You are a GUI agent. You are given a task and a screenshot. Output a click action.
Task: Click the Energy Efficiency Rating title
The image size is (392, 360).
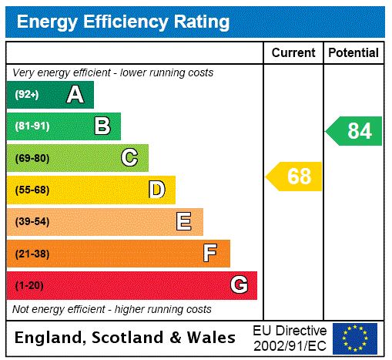tap(123, 22)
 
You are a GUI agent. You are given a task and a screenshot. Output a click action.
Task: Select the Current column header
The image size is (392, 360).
tap(293, 53)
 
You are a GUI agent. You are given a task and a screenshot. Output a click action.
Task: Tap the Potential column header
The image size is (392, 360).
tap(353, 53)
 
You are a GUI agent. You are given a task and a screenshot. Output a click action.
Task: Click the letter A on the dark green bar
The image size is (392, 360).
tap(75, 95)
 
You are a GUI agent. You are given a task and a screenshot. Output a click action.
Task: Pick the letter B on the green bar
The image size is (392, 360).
tap(102, 126)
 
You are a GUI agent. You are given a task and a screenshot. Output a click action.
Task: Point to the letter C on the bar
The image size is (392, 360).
tap(129, 158)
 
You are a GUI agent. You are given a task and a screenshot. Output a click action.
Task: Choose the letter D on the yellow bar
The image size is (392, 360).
tap(156, 190)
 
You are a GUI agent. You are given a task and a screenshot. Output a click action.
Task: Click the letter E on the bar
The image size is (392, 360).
tap(184, 222)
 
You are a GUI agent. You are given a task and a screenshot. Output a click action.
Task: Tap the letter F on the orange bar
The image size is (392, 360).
tap(210, 254)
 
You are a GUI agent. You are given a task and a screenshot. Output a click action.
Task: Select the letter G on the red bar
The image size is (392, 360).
tap(239, 285)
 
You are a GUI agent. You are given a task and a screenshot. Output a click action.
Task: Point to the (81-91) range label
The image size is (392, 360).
tap(32, 126)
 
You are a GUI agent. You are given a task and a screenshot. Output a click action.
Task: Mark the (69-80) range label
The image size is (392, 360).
tap(32, 158)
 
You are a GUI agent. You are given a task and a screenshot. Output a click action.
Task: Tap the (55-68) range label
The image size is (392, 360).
tap(32, 190)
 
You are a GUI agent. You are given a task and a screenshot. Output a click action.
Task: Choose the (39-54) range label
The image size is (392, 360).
tap(32, 222)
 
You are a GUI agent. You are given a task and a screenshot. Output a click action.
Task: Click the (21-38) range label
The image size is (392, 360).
tap(32, 254)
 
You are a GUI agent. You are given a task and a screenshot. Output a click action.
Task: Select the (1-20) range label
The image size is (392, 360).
tap(29, 285)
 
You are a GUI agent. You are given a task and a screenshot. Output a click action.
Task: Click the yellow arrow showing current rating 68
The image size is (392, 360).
tap(295, 177)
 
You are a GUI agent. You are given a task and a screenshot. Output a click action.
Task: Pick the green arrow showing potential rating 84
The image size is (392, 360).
tap(355, 131)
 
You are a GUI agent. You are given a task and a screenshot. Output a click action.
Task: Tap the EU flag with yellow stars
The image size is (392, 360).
tap(355, 338)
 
